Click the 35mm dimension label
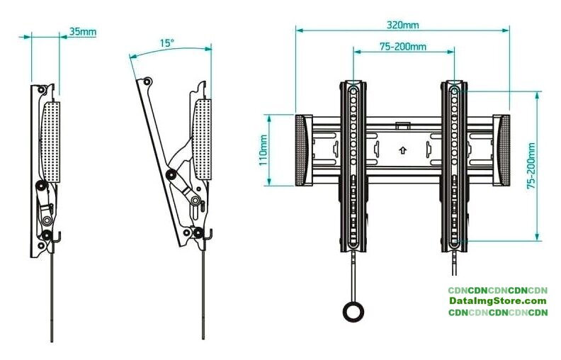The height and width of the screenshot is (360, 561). coord(83,31)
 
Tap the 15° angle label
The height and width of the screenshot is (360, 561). coord(166,43)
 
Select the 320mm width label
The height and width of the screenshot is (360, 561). coord(402,25)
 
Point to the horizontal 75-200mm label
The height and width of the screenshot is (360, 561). coord(403,47)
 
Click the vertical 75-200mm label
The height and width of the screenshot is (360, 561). coord(531,166)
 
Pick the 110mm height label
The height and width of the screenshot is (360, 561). coord(263,150)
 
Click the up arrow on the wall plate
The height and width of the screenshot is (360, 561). coord(403,150)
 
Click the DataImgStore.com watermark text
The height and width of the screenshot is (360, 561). coord(498,301)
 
